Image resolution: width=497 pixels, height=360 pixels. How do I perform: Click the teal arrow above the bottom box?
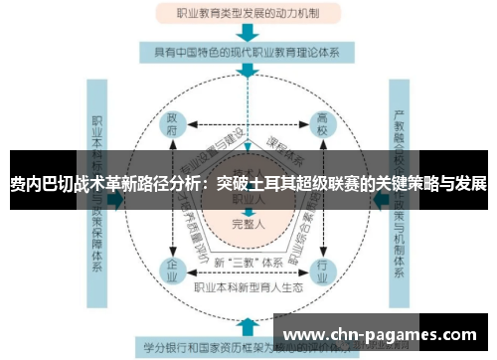(247, 323)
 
